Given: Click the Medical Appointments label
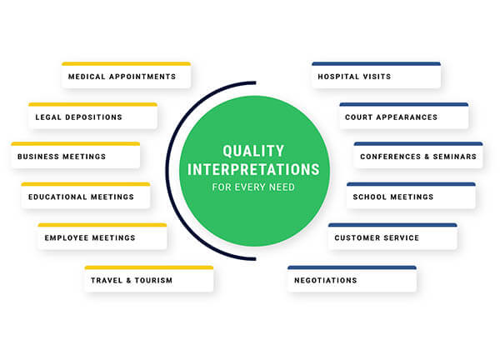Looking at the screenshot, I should coord(122,77).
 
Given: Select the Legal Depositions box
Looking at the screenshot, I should coord(92,117).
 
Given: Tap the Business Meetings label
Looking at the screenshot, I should coord(73,157).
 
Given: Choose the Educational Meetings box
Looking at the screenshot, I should coord(86,197).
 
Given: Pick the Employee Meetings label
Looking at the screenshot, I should coord(101,238).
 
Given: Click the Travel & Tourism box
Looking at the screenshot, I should coord(148,281).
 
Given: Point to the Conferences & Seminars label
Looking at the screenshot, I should coord(418,157).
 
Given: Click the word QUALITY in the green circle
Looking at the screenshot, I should coord(254,152).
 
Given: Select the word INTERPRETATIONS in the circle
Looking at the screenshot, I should coord(254,169).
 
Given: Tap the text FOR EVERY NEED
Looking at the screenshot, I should coord(254,187).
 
